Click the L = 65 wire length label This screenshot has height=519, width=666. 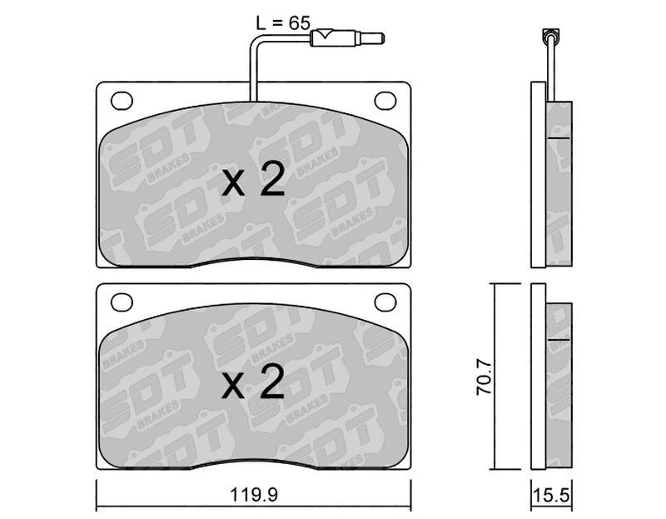[283, 22]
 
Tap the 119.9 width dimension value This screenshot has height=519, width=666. [254, 495]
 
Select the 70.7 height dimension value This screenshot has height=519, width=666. [484, 377]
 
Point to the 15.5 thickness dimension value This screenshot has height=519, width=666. [551, 495]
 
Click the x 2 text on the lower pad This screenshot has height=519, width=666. [253, 382]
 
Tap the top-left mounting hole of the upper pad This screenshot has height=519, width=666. [122, 101]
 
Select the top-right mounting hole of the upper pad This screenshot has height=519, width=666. [385, 101]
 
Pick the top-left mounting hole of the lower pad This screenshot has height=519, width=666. [122, 302]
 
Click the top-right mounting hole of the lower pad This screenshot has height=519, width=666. [385, 302]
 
